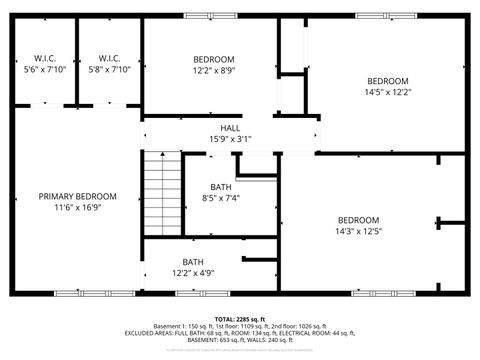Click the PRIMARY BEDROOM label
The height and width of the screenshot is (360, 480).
[78, 196]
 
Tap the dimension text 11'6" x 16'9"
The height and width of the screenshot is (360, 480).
[78, 208]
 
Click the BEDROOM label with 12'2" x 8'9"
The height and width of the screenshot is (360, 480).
[213, 59]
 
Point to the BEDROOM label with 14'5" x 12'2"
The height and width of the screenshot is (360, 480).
[387, 81]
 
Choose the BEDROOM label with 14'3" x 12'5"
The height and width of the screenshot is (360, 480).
[358, 220]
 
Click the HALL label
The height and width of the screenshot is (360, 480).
[230, 128]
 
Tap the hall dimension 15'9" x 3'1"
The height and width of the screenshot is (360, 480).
[230, 139]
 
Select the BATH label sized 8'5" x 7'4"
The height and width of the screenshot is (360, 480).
[221, 187]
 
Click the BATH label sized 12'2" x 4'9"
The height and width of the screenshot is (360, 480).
[200, 262]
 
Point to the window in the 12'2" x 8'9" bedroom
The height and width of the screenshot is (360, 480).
[210, 16]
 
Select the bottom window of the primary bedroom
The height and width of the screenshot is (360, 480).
[81, 293]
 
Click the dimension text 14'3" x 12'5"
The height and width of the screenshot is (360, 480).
[358, 232]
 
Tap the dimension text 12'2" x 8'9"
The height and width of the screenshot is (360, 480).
[213, 71]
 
